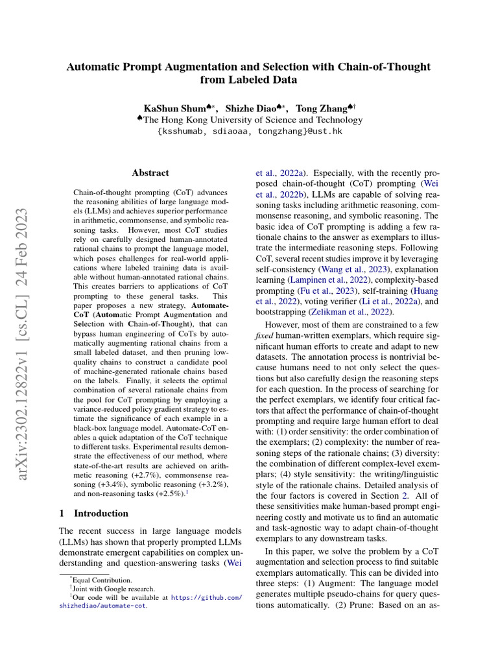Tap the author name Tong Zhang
coord(321,108)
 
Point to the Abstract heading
coord(150,172)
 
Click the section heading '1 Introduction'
coord(93,513)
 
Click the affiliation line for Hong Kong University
coord(253,120)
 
